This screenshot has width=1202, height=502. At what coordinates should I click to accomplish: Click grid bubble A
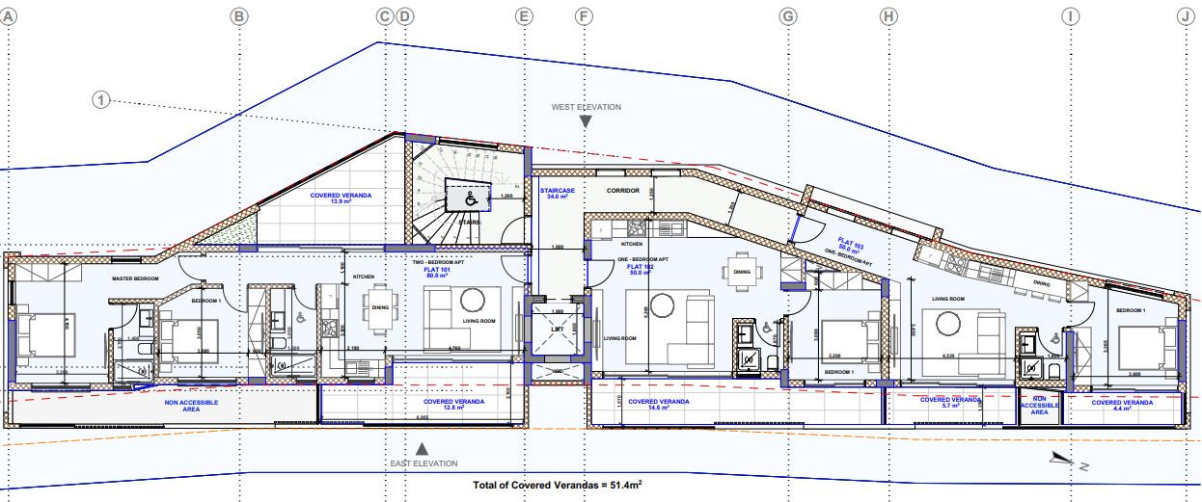click(8, 16)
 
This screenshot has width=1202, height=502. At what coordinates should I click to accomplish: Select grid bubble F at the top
click(583, 16)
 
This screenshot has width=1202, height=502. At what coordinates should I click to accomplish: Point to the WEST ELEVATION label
click(586, 107)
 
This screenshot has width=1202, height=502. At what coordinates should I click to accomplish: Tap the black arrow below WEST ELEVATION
click(586, 121)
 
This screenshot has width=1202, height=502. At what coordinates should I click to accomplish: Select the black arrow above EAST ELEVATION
click(422, 449)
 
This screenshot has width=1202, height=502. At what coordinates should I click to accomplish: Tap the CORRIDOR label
click(624, 191)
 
